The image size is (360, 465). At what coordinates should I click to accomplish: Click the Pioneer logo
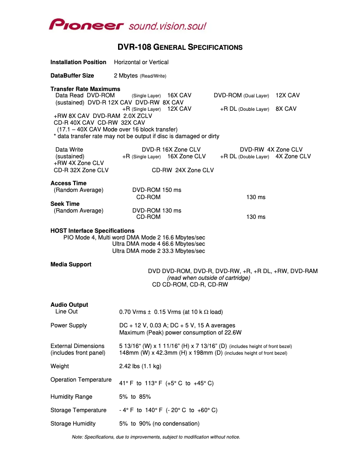click(86, 25)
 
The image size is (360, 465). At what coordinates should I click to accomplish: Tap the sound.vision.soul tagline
click(167, 26)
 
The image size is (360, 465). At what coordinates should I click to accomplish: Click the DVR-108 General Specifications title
click(180, 47)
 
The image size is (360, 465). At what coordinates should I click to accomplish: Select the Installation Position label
click(78, 62)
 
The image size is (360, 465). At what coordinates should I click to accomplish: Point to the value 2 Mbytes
click(126, 75)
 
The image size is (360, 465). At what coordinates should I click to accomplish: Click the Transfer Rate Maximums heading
click(85, 89)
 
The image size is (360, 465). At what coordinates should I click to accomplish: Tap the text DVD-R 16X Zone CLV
click(171, 149)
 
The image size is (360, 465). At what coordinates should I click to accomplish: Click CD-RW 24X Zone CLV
click(183, 170)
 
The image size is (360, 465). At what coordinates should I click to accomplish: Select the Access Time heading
click(68, 183)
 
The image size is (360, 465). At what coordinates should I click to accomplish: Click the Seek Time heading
click(65, 204)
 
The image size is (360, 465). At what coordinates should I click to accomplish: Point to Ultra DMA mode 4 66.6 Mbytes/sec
click(158, 243)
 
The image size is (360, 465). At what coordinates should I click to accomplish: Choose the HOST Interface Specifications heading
click(92, 230)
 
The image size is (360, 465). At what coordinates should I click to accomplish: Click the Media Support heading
click(71, 264)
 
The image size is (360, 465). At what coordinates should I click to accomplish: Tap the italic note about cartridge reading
click(208, 278)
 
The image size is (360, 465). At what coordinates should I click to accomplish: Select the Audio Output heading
click(69, 304)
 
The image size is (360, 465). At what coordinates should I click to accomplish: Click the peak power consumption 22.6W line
click(180, 332)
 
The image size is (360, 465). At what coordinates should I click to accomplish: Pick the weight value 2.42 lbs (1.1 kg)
click(140, 366)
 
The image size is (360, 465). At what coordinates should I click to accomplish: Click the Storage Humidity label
click(73, 423)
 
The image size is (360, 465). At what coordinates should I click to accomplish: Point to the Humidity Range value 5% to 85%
click(135, 396)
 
